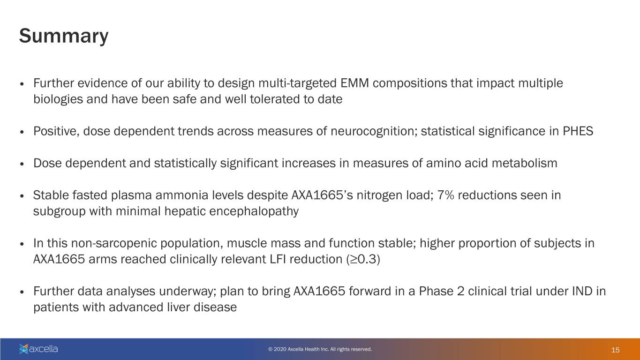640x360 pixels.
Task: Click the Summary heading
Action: click(64, 36)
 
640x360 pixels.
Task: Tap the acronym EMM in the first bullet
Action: click(354, 83)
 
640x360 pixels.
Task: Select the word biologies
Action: click(58, 99)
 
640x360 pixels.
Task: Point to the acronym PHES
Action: click(578, 131)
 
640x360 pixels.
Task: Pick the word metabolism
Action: click(524, 163)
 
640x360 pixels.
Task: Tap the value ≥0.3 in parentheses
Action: click(363, 259)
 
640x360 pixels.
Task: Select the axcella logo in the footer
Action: click(38, 349)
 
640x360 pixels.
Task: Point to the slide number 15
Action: click(615, 350)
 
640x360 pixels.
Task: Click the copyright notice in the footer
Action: click(320, 349)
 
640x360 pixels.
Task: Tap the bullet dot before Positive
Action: click(22, 132)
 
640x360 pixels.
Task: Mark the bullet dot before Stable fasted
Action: click(22, 196)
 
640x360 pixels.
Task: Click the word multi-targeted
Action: click(297, 83)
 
